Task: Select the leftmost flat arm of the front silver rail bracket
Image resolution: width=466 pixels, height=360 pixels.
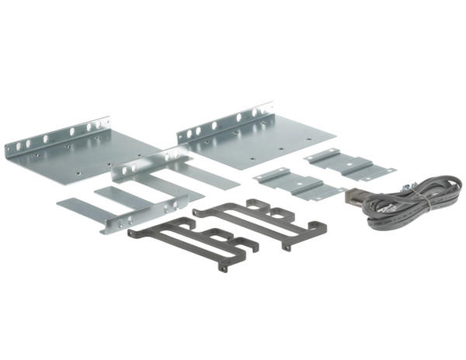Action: (78, 207)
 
